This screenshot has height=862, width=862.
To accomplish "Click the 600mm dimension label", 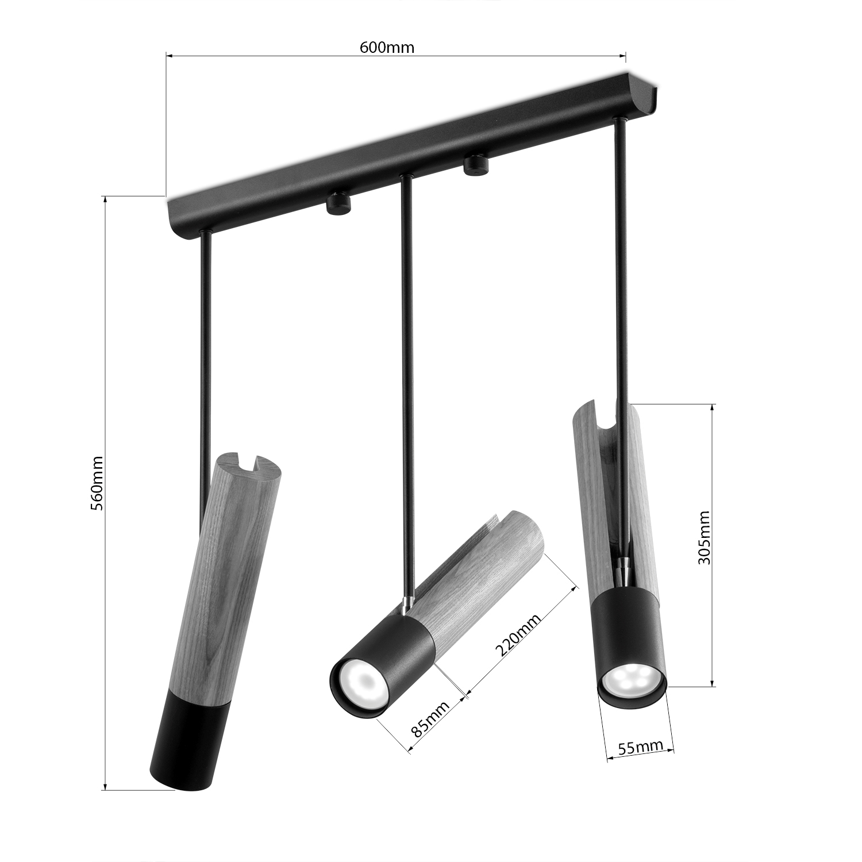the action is click(x=387, y=47).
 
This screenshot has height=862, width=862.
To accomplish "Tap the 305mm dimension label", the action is click(x=704, y=537).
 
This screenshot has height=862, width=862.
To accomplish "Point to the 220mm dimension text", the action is click(x=518, y=634).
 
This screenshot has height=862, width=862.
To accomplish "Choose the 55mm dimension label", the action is click(x=640, y=747).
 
